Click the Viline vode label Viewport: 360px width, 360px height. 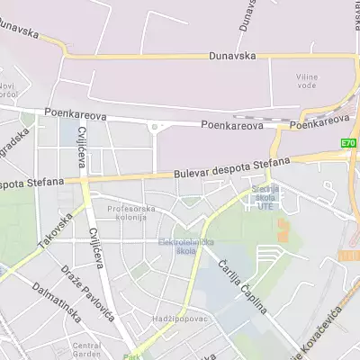pos(307,81)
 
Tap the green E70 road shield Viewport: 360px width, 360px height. pos(348,143)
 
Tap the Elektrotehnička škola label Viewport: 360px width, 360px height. pos(177,247)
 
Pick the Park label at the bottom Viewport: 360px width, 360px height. pos(133,356)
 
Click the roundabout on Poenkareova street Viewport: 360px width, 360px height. pos(154,127)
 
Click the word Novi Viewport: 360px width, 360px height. pos(8,85)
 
